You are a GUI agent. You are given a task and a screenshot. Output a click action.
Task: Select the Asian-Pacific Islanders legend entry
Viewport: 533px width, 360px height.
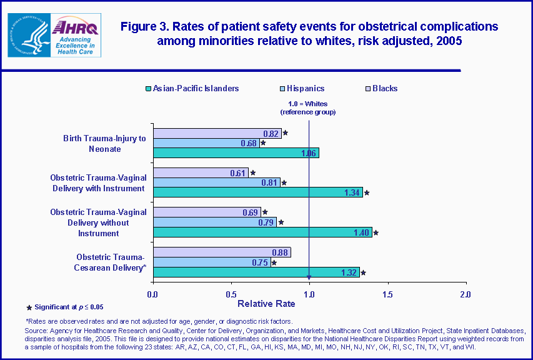click(191, 89)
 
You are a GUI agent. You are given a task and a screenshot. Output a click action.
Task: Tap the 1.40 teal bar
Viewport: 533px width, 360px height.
click(262, 232)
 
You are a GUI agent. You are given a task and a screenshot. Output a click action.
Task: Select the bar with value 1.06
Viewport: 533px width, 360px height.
click(236, 153)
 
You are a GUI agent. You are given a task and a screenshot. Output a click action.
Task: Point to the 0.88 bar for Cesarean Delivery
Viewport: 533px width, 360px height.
click(222, 252)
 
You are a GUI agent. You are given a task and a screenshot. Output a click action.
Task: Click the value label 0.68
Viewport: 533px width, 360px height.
click(249, 143)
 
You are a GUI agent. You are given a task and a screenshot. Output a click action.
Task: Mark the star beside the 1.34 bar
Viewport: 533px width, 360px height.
click(367, 193)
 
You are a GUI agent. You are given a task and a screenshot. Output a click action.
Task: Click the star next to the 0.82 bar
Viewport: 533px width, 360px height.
click(286, 133)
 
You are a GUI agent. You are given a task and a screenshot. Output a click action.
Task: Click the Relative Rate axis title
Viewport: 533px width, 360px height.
click(267, 304)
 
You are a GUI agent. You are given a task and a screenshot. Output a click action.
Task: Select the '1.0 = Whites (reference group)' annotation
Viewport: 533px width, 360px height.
click(308, 107)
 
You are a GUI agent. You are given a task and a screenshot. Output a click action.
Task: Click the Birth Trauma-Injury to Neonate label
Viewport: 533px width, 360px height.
click(101, 143)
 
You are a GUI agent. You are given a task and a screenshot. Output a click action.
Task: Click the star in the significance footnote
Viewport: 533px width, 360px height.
click(29, 307)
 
